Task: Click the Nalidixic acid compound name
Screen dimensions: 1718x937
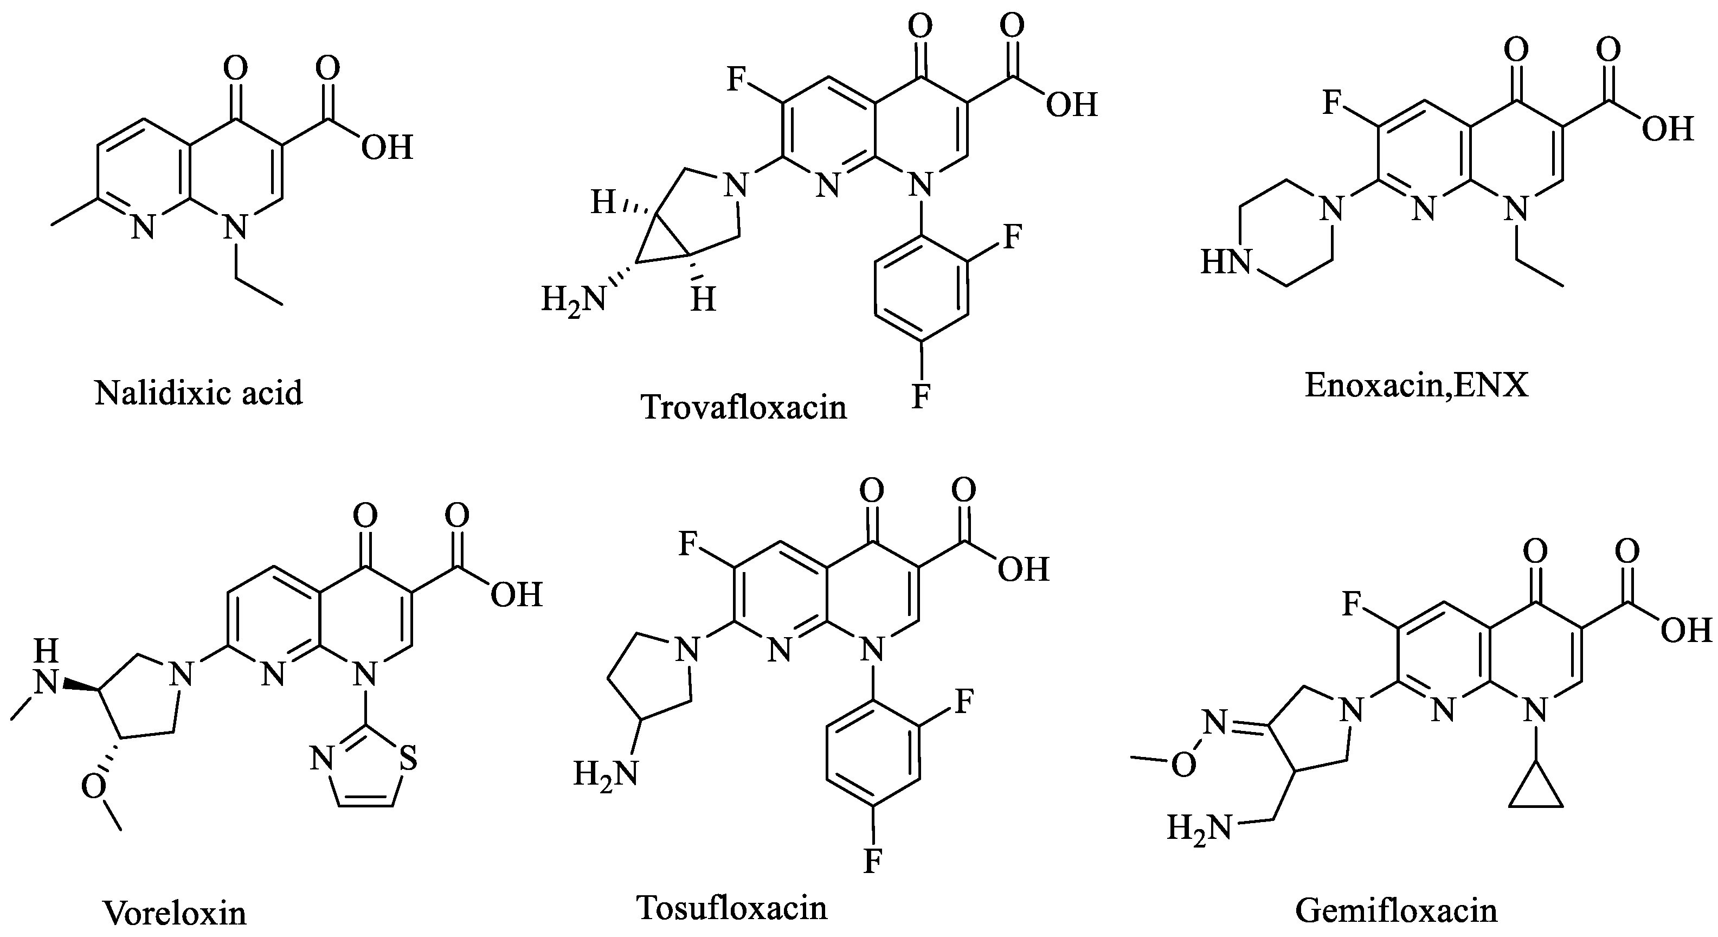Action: pyautogui.click(x=199, y=393)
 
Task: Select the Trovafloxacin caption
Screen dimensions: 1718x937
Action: pyautogui.click(x=744, y=407)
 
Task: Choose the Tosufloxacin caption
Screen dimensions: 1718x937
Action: pyautogui.click(x=732, y=908)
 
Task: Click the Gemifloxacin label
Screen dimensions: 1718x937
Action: pyautogui.click(x=1396, y=911)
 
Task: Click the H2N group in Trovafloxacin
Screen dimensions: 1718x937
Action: pyautogui.click(x=572, y=299)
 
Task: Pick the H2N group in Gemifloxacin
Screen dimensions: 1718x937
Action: pyautogui.click(x=1199, y=829)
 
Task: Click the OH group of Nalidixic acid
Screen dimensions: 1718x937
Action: pyautogui.click(x=387, y=147)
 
